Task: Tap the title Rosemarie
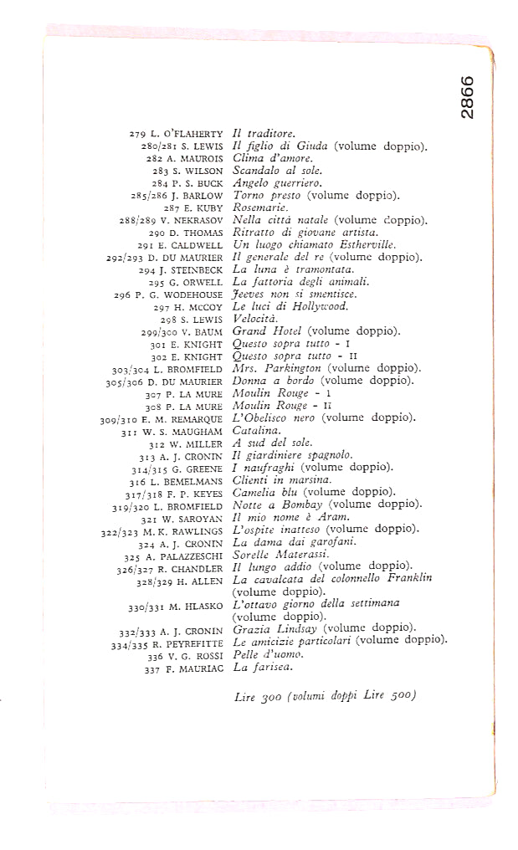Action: point(260,207)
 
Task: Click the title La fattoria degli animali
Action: point(289,281)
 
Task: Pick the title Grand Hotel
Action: point(259,330)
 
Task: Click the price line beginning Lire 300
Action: point(326,695)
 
